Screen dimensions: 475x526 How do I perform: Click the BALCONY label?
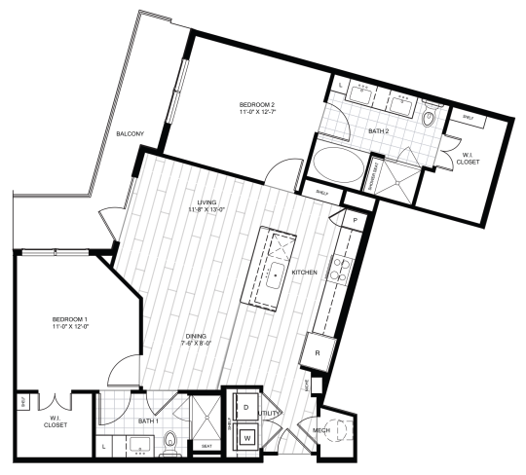(x=131, y=133)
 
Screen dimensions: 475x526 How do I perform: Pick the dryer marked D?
(x=245, y=406)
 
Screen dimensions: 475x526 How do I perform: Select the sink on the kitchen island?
(x=278, y=274)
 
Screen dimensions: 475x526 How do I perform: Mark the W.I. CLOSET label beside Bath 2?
(x=468, y=160)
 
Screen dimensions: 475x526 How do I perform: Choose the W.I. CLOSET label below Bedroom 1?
(x=52, y=423)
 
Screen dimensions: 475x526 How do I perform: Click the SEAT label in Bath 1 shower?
(x=207, y=447)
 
